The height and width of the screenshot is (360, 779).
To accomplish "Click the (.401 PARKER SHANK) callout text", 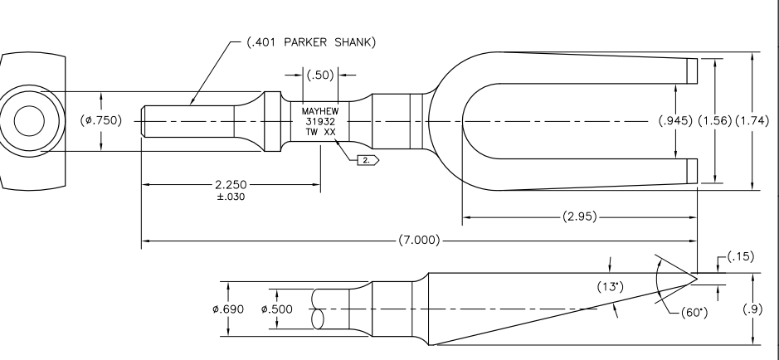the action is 311,42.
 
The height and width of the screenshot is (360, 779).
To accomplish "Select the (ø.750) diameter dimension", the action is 101,120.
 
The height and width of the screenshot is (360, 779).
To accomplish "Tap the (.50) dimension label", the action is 320,75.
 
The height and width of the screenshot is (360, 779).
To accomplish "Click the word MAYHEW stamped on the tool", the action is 320,111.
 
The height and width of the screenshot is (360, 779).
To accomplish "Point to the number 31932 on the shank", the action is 320,122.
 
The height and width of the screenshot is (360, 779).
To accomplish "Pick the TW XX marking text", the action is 320,132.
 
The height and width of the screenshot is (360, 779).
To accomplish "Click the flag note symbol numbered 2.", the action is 368,160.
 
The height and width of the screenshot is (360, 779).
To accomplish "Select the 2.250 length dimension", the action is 231,185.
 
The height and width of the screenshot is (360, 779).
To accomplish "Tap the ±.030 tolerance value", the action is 231,197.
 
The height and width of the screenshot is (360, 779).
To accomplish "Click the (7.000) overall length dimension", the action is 419,241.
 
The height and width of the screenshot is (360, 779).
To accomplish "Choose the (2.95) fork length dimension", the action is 580,217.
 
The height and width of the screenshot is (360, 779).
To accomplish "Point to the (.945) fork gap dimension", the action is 675,120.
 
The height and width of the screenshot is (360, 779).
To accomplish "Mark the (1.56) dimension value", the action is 715,120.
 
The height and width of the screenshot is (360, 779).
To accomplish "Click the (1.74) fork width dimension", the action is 752,120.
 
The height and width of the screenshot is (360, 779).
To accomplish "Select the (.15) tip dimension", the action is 741,256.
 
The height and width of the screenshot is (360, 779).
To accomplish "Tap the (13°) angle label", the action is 610,287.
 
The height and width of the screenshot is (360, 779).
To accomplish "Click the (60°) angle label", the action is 694,313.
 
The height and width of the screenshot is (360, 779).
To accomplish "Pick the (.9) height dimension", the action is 753,309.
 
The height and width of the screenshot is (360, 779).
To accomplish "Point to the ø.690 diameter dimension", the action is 228,309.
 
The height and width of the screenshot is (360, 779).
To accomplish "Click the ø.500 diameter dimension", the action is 277,309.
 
